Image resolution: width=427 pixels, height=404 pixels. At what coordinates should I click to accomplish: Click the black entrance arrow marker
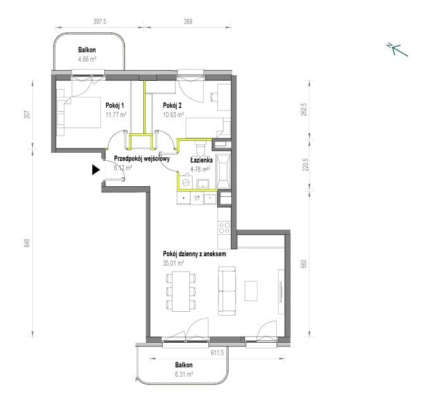[x=95, y=170]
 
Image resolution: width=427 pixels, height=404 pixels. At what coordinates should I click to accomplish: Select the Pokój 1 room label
[x=115, y=105]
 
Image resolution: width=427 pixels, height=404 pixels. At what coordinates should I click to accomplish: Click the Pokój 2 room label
[x=172, y=105]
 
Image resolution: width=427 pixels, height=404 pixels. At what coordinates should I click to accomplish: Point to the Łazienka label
[x=201, y=160]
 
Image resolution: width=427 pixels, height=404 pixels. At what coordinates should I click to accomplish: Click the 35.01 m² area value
[x=174, y=263]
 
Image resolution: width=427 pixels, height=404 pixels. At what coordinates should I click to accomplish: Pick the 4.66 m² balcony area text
[x=87, y=59]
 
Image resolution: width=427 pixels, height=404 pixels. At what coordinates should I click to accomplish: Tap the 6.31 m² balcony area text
[x=184, y=374]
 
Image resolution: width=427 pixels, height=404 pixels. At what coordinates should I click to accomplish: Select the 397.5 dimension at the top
[x=100, y=21]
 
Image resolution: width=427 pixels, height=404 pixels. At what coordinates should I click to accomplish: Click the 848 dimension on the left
[x=27, y=243]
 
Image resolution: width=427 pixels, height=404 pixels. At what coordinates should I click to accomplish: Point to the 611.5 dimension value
[x=217, y=353]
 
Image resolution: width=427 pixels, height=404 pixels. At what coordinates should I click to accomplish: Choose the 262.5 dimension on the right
[x=304, y=109]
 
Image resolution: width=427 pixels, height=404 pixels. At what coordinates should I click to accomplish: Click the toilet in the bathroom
[x=201, y=148]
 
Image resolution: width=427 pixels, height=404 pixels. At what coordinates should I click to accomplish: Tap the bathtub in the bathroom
[x=224, y=172]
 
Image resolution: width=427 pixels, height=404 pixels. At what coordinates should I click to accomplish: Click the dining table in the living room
[x=181, y=291]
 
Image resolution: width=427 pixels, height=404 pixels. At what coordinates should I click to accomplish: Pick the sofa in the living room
[x=227, y=291]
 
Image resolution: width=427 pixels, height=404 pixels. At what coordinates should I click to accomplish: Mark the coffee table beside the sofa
[x=251, y=291]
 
